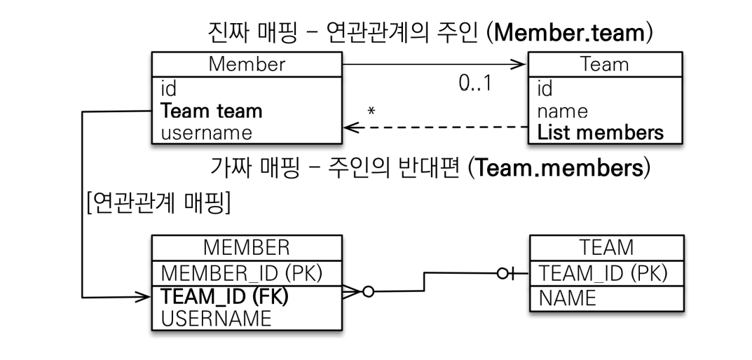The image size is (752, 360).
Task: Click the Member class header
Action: click(x=247, y=64)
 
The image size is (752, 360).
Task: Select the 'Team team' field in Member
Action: click(x=212, y=111)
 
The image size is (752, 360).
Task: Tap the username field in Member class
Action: click(x=207, y=132)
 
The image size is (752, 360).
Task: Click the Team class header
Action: click(x=606, y=64)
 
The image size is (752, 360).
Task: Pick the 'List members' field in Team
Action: click(x=601, y=132)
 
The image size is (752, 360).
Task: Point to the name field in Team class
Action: click(x=562, y=111)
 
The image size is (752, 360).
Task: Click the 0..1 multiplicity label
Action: click(x=474, y=83)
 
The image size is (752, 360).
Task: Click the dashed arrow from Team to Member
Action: click(x=435, y=127)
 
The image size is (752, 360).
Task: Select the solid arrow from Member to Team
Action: click(x=435, y=65)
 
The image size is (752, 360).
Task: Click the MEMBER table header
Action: click(x=247, y=248)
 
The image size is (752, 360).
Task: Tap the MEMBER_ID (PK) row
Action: click(x=242, y=272)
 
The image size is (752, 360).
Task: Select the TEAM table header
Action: click(x=607, y=248)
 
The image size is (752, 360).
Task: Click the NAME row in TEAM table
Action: click(x=567, y=298)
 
